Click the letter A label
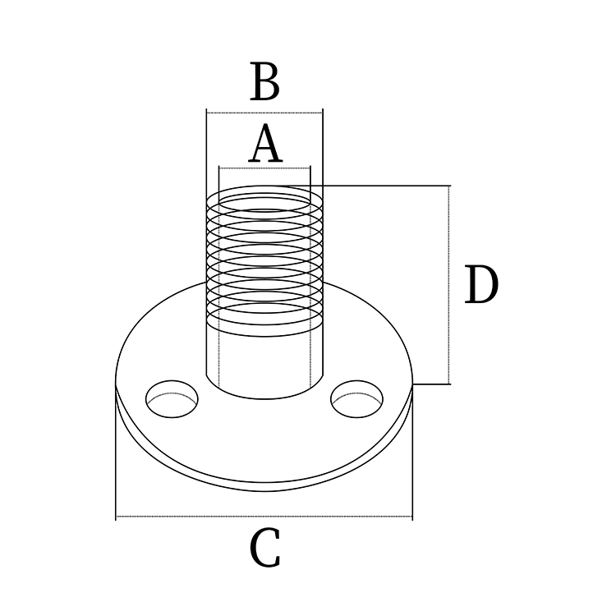(265, 146)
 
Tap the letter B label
(264, 83)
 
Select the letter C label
(264, 549)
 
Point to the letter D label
(480, 287)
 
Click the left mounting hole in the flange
(172, 398)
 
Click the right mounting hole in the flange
(356, 398)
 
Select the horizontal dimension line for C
(264, 517)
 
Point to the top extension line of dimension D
(386, 186)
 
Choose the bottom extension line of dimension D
(432, 384)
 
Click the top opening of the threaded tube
(264, 198)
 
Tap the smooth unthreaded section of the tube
(264, 361)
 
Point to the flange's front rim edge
(264, 488)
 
